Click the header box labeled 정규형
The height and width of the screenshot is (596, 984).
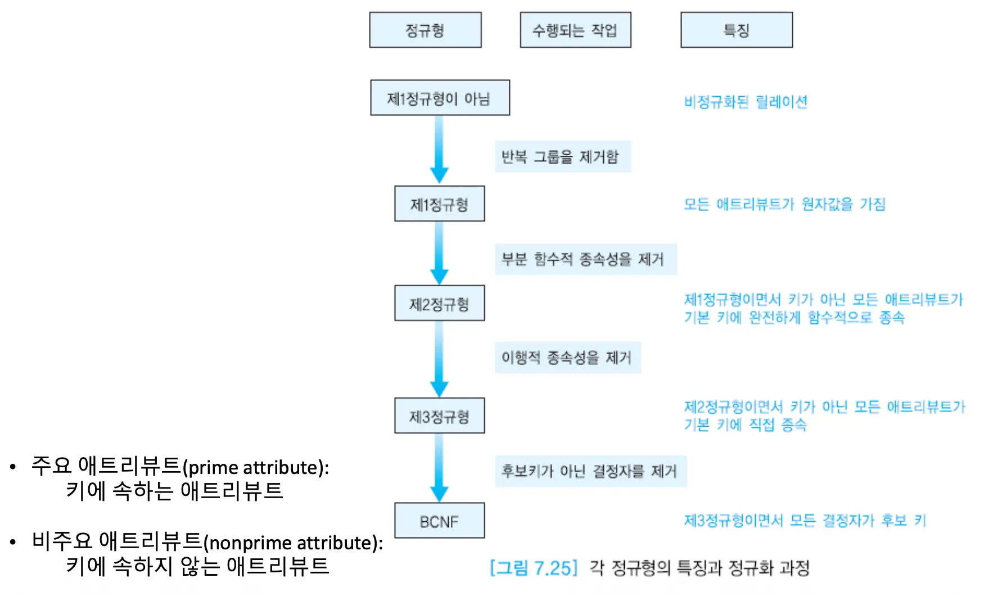425,30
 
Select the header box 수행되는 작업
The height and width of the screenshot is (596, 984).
575,30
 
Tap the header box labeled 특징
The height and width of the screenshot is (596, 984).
737,30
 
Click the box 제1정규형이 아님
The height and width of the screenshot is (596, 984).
440,98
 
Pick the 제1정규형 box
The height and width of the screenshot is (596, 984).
439,204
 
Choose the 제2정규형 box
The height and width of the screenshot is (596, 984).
439,304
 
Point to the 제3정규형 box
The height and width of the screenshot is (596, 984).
439,416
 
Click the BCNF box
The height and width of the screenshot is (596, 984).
439,521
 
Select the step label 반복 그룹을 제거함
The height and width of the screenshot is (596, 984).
562,156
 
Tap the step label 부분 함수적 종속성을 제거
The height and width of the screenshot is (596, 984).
585,259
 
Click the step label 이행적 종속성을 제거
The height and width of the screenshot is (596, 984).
567,358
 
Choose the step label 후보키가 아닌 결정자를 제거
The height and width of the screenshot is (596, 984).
590,471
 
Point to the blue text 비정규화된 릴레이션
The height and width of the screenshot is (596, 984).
746,102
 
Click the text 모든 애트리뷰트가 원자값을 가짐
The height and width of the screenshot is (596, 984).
784,204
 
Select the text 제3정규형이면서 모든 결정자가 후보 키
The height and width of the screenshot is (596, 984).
805,521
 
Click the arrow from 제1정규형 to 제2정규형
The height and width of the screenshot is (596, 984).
439,253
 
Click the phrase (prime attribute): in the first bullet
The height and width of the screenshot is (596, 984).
256,467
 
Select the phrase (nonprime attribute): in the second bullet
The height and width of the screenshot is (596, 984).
293,543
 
